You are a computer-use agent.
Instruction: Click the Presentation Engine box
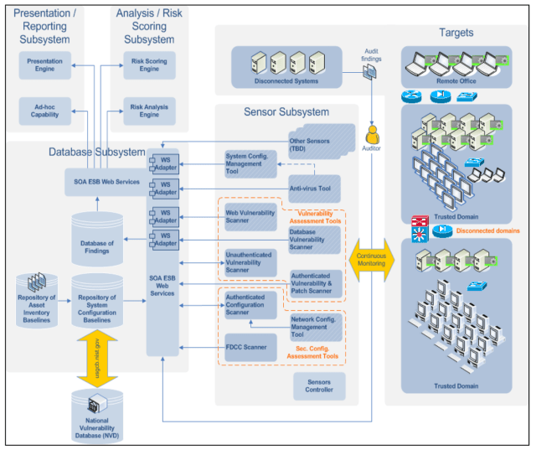(44, 65)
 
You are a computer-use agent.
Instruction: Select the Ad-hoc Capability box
(44, 109)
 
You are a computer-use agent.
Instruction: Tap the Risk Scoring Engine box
(149, 65)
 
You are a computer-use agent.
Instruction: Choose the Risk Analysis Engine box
(149, 109)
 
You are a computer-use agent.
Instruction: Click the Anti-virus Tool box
(314, 189)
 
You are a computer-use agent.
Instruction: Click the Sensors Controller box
(318, 385)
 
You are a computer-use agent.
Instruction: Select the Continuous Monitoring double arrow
(370, 261)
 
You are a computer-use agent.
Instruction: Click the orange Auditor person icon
(370, 134)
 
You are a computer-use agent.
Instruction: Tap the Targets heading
(456, 33)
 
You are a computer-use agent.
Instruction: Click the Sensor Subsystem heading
(286, 111)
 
